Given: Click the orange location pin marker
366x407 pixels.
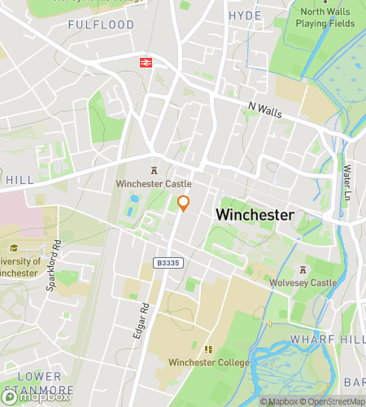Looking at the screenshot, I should tap(184, 203).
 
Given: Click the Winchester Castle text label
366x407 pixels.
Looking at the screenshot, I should tap(153, 185).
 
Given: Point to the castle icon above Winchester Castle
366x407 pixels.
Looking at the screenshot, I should tap(153, 170).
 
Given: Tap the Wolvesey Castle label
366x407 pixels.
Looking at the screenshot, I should tap(303, 282).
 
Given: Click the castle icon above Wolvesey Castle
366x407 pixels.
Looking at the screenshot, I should tap(303, 269).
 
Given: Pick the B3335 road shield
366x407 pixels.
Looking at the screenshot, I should tap(167, 263).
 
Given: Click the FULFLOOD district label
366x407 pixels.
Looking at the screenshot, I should tap(101, 25).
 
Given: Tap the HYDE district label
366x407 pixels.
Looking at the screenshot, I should tap(245, 15).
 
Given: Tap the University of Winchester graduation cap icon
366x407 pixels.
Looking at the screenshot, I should tap(13, 248).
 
